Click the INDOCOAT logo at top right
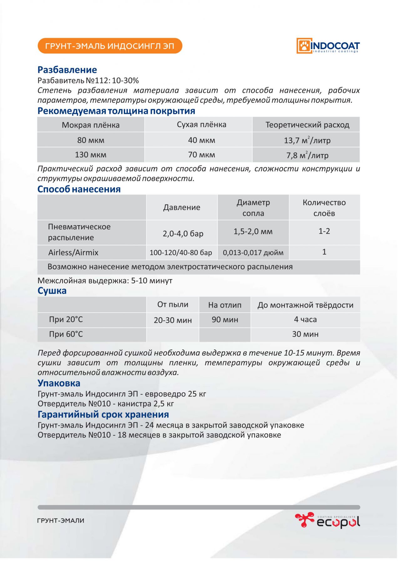pyautogui.click(x=328, y=46)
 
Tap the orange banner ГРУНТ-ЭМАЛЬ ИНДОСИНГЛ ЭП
pyautogui.click(x=109, y=46)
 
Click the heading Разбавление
pyautogui.click(x=67, y=70)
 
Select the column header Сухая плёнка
pyautogui.click(x=201, y=124)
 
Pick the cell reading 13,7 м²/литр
pyautogui.click(x=307, y=140)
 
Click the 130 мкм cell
pyautogui.click(x=91, y=155)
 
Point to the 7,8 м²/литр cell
pyautogui.click(x=307, y=155)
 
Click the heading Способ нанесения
pyautogui.click(x=79, y=189)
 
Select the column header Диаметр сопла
pyautogui.click(x=253, y=208)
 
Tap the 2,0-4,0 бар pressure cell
pyautogui.click(x=183, y=233)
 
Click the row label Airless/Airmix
pyautogui.click(x=73, y=252)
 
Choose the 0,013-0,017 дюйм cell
pyautogui.click(x=253, y=252)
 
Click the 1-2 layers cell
pyautogui.click(x=324, y=231)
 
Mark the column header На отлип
pyautogui.click(x=225, y=305)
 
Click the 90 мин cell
pyautogui.click(x=225, y=320)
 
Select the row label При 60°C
pyautogui.click(x=66, y=334)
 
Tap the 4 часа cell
pyautogui.click(x=305, y=320)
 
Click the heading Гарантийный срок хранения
pyautogui.click(x=103, y=415)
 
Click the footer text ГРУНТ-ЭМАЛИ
pyautogui.click(x=61, y=521)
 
